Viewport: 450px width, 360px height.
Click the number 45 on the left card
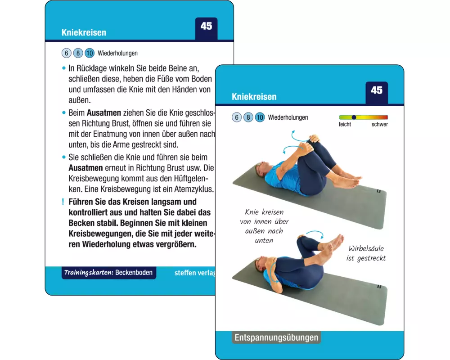click(207, 26)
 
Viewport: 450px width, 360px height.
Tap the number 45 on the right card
click(377, 90)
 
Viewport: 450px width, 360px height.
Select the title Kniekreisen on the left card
click(84, 32)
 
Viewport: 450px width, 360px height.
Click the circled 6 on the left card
click(66, 53)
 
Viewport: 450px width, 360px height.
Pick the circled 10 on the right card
click(260, 117)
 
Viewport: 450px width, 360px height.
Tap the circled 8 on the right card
click(248, 117)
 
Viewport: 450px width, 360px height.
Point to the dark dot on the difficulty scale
click(354, 117)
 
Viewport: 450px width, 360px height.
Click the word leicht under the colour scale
click(345, 124)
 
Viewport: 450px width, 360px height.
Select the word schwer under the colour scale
click(379, 124)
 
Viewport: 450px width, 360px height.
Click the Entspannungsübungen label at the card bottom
click(276, 337)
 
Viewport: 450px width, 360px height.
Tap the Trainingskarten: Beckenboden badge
click(109, 272)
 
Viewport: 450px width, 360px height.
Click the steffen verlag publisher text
click(194, 273)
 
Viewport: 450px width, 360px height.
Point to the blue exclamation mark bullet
click(63, 202)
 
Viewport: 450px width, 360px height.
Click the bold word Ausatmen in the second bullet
click(104, 112)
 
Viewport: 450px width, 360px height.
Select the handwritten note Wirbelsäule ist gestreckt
click(366, 253)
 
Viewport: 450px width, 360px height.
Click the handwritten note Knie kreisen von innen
click(264, 226)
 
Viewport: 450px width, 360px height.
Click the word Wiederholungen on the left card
click(117, 53)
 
